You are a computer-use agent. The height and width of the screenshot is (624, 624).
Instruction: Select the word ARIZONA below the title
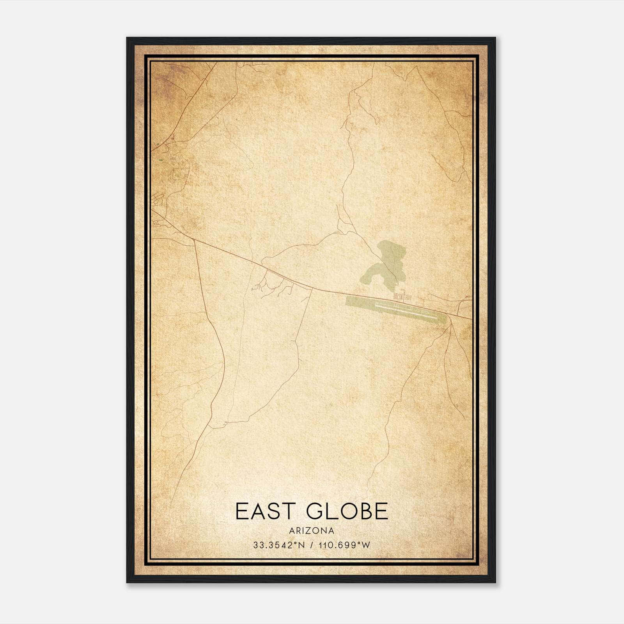(312, 531)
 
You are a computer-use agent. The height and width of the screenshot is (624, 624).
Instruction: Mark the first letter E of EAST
(243, 511)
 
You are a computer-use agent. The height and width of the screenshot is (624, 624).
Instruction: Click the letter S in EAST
(274, 511)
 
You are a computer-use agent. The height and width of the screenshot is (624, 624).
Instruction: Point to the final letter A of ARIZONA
(331, 531)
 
